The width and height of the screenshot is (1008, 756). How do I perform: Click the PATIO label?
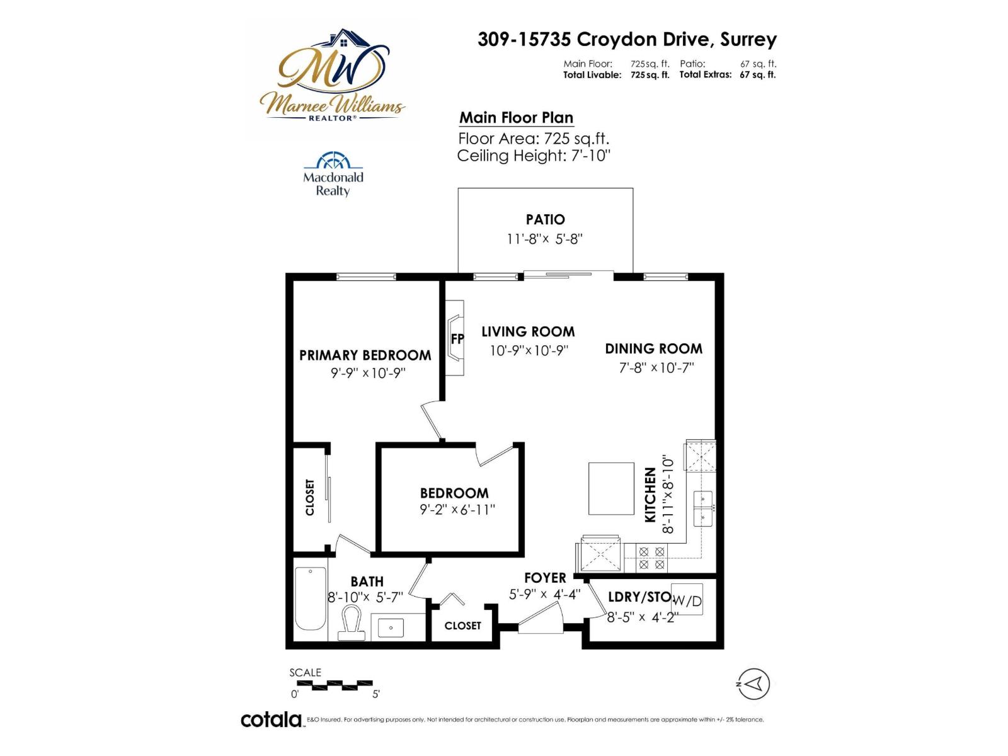point(545,219)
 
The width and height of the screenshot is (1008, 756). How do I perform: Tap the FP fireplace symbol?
point(456,338)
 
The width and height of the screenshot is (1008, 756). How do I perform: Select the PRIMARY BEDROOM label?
point(365,355)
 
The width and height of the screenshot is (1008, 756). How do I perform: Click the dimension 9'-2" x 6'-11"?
point(457,509)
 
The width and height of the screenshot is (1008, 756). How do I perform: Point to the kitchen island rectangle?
point(611,489)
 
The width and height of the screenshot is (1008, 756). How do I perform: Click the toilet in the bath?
point(352,622)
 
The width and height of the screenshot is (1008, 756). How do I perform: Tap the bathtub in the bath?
point(311,598)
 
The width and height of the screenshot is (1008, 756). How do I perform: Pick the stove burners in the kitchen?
point(651,558)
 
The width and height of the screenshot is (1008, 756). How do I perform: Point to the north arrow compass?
point(753,684)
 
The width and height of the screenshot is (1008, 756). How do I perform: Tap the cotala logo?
point(272,719)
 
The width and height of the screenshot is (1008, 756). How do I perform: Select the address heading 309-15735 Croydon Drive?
point(627,39)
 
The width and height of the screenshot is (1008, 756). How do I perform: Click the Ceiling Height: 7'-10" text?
point(534,156)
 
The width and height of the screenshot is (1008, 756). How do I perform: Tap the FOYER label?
point(545,578)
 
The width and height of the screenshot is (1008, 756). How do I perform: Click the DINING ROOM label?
point(653,348)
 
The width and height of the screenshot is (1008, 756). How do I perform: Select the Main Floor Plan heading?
point(516,118)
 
